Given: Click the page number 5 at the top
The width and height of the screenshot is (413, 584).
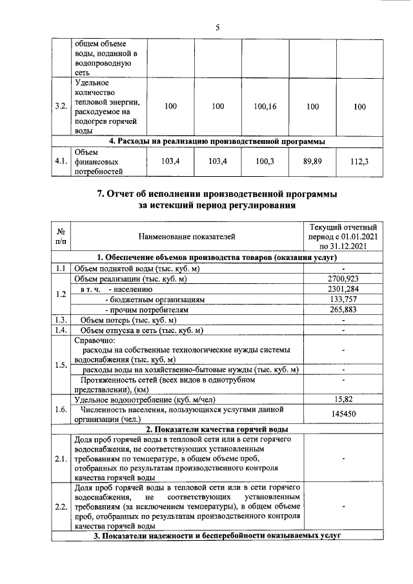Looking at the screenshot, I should (x=217, y=27).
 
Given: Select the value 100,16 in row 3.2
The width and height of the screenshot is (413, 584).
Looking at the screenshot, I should (x=265, y=106).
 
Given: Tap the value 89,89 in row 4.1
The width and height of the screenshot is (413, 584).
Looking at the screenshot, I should (x=312, y=161).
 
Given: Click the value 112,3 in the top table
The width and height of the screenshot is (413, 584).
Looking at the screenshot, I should (x=359, y=161).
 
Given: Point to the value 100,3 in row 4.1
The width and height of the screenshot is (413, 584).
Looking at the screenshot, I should (x=265, y=161).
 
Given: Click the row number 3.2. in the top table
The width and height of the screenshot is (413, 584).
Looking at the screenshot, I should (x=62, y=106).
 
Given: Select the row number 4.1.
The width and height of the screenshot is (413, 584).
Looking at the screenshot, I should (x=62, y=161).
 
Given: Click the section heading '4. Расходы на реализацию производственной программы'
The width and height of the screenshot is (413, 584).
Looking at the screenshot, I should (x=217, y=141).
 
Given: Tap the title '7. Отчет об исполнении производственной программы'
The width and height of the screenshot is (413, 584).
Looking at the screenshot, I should (x=217, y=194).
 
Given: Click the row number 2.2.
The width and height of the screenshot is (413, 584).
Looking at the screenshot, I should (x=61, y=506).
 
